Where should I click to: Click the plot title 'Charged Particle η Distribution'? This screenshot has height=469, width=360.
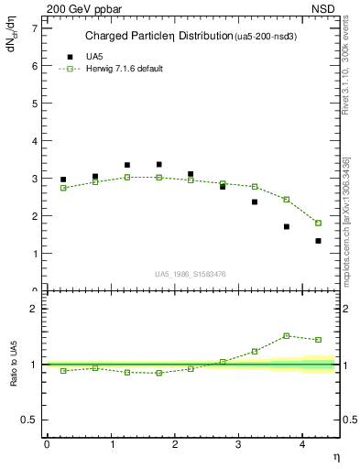tap(157, 37)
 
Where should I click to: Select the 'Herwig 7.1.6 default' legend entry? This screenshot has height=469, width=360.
tap(117, 69)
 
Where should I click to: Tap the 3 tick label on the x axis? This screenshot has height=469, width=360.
tap(238, 443)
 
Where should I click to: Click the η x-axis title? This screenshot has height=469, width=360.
tap(335, 455)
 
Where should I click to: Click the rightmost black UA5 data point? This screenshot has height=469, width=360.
tap(318, 241)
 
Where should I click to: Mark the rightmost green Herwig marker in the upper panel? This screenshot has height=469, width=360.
tap(318, 223)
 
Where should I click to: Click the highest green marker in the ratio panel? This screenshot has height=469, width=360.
tap(286, 336)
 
